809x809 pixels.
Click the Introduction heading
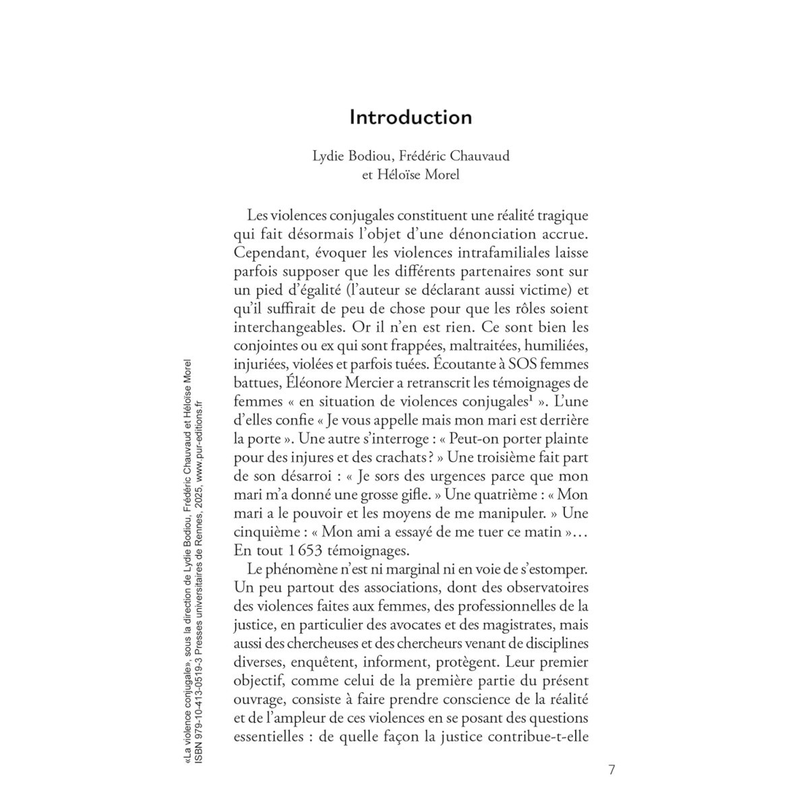[x=411, y=117]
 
